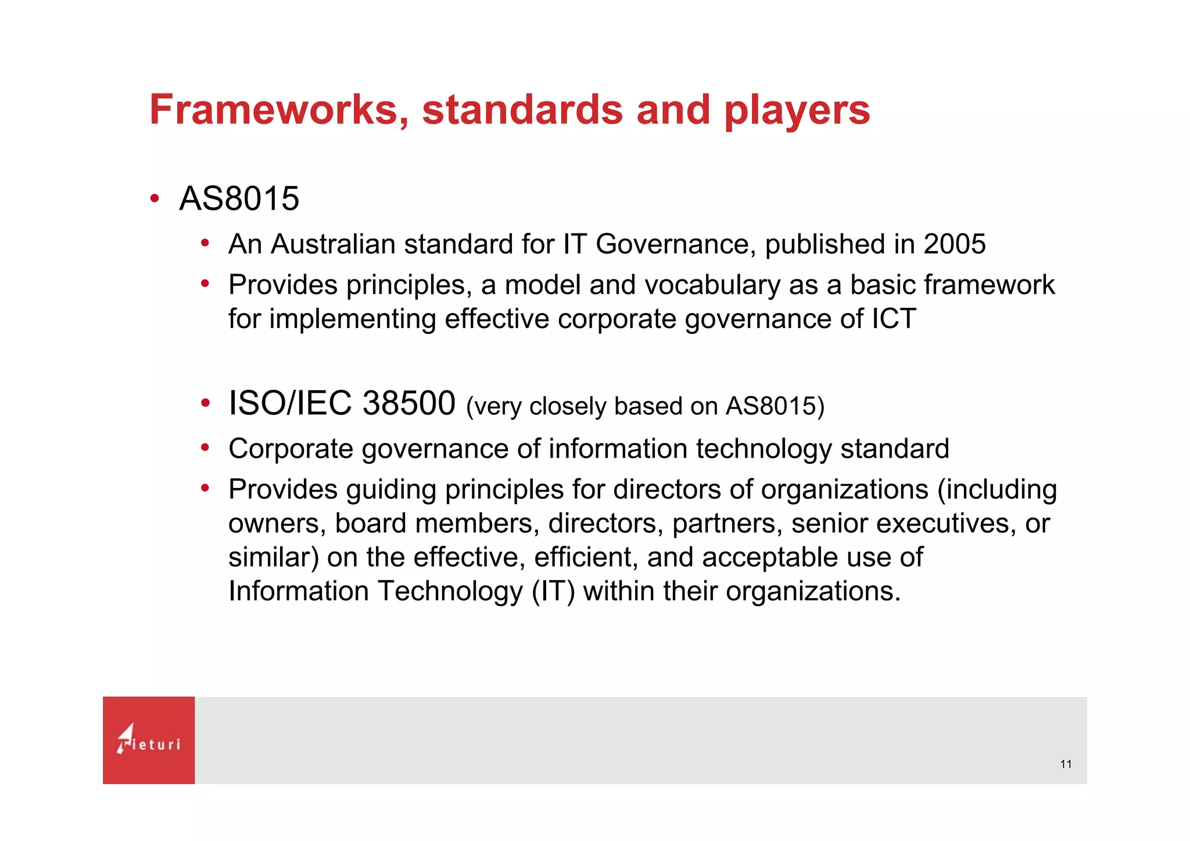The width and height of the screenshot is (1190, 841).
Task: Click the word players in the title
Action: tap(797, 111)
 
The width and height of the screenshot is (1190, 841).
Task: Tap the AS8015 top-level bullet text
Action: tap(239, 199)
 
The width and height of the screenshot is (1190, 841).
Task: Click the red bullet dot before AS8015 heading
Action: tap(155, 199)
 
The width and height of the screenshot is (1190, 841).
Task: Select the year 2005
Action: tap(954, 244)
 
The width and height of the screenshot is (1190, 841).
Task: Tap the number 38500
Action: tap(408, 403)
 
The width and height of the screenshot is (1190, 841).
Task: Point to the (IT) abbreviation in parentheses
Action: tap(553, 591)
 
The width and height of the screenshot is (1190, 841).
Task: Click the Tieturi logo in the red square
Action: tap(149, 740)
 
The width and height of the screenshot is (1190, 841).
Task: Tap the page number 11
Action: tap(1066, 764)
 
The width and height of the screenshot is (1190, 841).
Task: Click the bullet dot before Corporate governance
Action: tap(205, 448)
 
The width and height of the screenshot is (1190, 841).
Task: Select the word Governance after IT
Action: tap(675, 244)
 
